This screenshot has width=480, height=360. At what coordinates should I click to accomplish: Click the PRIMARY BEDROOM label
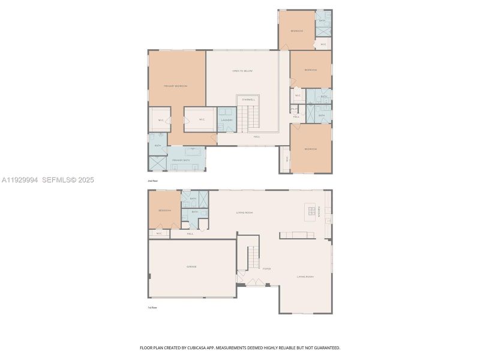[x=176, y=86]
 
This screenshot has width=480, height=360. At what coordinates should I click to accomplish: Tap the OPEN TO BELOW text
[x=242, y=71]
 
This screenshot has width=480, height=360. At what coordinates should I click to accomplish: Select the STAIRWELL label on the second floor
[x=249, y=100]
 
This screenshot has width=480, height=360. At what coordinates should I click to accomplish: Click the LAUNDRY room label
[x=226, y=120]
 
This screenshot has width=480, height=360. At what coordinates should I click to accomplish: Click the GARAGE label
[x=191, y=267]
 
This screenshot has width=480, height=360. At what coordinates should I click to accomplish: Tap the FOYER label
[x=266, y=269]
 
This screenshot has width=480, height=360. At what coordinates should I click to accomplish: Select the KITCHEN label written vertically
[x=320, y=212]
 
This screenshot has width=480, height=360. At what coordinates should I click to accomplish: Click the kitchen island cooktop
[x=311, y=209]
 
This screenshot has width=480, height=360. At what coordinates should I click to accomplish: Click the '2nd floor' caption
[x=153, y=181]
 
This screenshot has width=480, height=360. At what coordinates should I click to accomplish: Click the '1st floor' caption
[x=153, y=308]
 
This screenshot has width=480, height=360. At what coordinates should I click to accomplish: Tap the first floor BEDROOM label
[x=165, y=211]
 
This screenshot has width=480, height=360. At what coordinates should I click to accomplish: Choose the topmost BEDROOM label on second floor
[x=297, y=31]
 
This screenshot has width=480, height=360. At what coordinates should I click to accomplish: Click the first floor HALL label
[x=190, y=233]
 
